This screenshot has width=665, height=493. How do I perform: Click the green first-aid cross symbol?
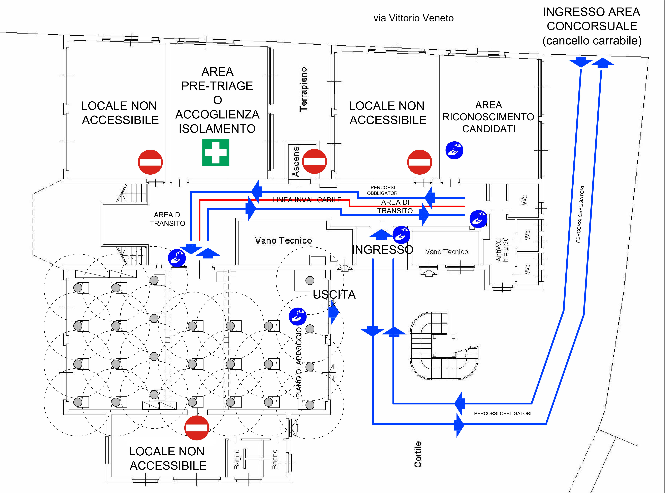[x=216, y=152]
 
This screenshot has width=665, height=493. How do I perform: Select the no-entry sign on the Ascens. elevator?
[x=314, y=162]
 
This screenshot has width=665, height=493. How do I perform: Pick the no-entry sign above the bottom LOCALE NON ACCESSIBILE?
[x=196, y=428]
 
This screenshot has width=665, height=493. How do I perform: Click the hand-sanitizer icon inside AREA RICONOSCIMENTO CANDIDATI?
[x=454, y=150]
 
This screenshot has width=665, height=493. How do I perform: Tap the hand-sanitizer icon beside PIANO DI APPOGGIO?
[x=297, y=316]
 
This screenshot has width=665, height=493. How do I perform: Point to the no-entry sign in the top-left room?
[x=150, y=162]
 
